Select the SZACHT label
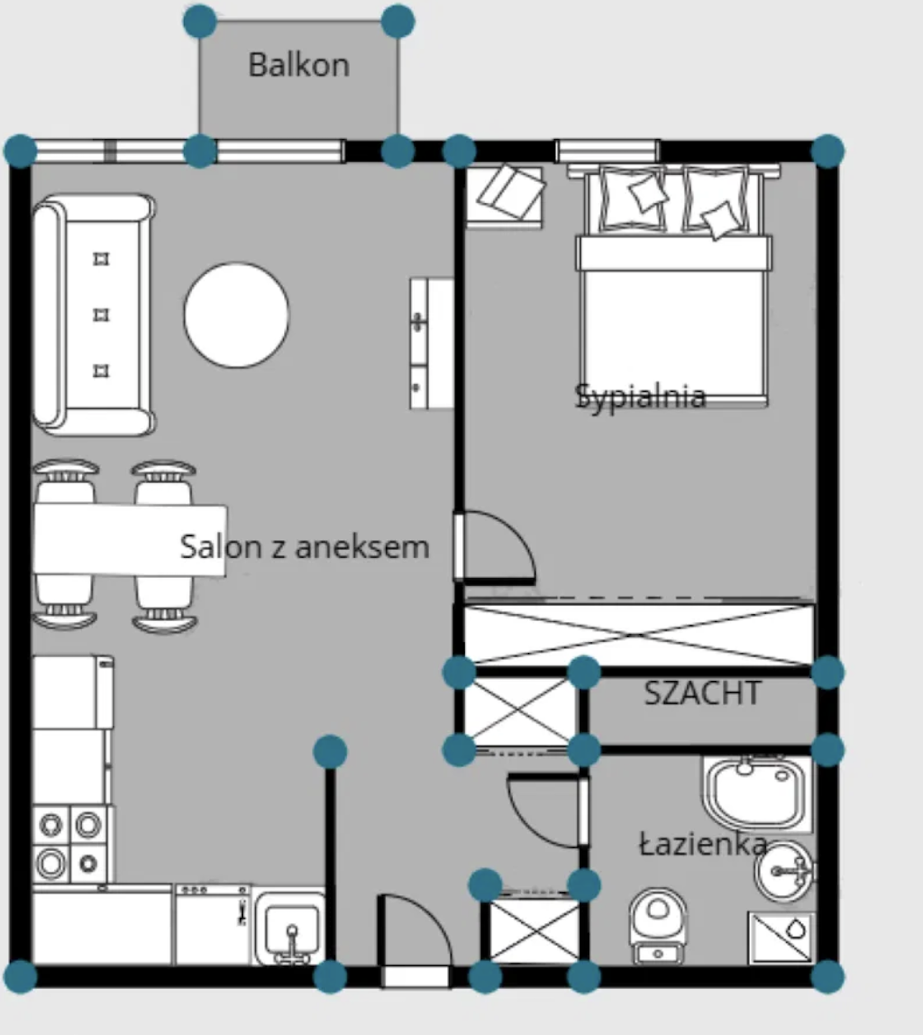tap(702, 692)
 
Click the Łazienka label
tap(703, 844)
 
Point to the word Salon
tap(221, 547)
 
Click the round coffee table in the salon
tap(237, 314)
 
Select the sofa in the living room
tap(94, 314)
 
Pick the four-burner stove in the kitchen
tap(70, 844)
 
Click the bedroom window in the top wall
tap(607, 150)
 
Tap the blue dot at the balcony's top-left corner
tap(200, 21)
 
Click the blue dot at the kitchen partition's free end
tap(330, 752)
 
